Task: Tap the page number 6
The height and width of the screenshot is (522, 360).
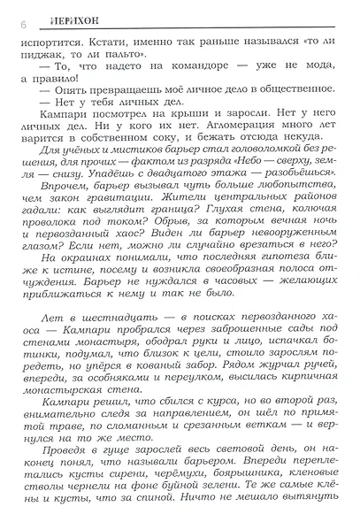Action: [x=12, y=26]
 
